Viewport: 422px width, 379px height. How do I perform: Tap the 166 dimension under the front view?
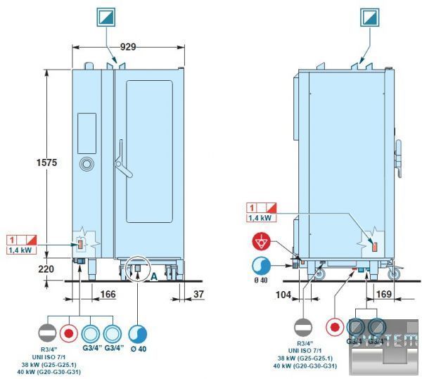click(x=108, y=295)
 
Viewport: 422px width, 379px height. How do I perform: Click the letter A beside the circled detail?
click(x=153, y=276)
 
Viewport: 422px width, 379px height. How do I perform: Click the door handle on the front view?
click(x=122, y=160)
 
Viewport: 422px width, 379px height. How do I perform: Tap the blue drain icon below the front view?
click(x=137, y=333)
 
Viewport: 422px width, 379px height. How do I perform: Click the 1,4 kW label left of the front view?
click(x=20, y=250)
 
